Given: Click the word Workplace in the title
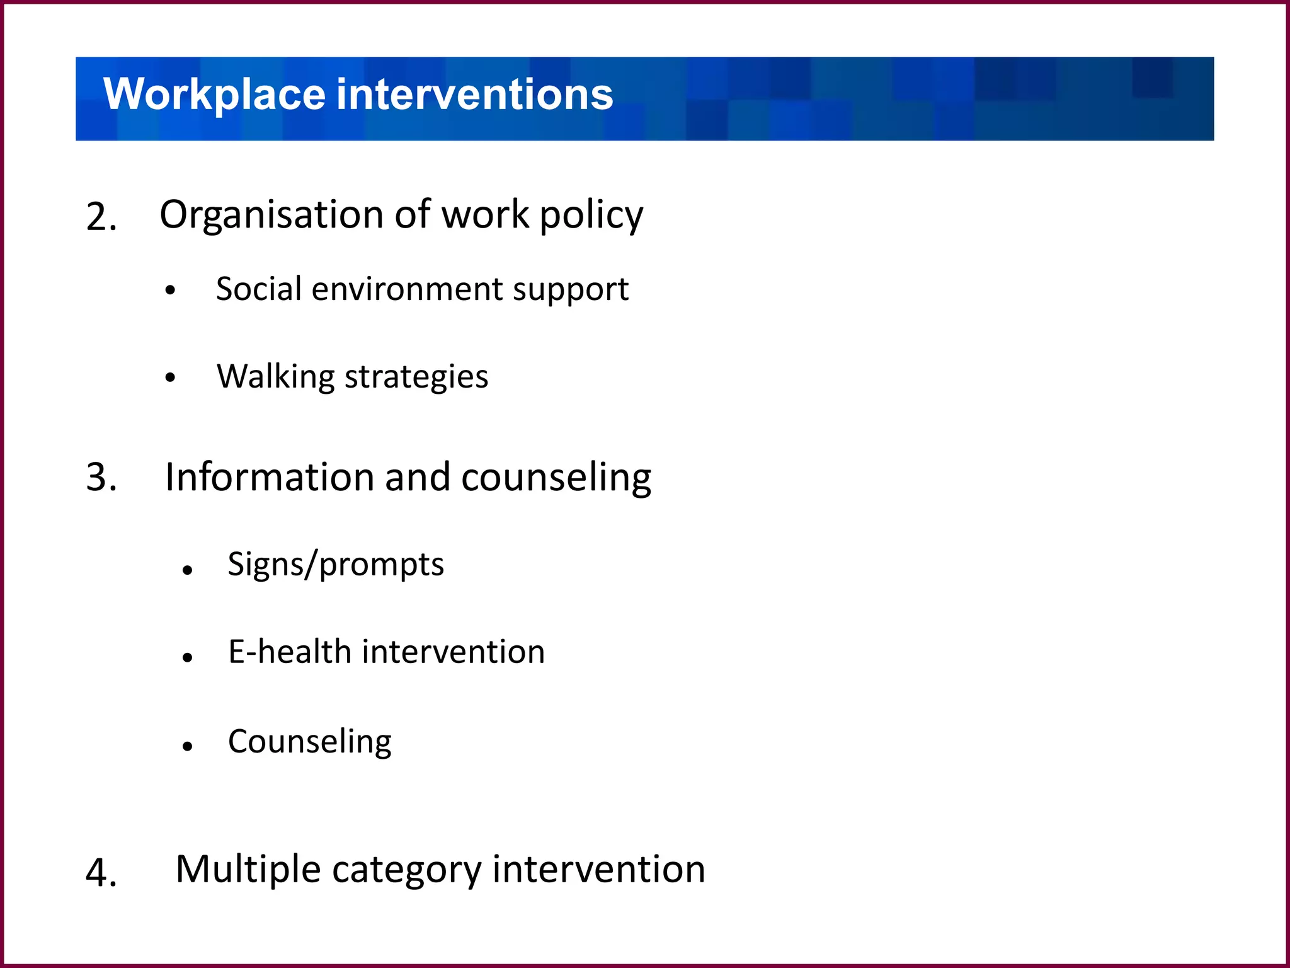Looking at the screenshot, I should pyautogui.click(x=214, y=95).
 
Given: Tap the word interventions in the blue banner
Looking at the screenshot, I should pyautogui.click(x=475, y=95).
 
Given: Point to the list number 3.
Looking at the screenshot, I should pyautogui.click(x=101, y=477).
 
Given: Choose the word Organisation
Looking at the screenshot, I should pyautogui.click(x=271, y=216).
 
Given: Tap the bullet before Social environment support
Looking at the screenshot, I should pyautogui.click(x=170, y=291).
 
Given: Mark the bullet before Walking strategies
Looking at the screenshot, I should pyautogui.click(x=170, y=377).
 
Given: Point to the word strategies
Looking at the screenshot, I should pyautogui.click(x=416, y=377).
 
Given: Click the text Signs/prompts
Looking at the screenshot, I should pyautogui.click(x=336, y=564).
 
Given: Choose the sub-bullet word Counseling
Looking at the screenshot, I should pyautogui.click(x=310, y=742).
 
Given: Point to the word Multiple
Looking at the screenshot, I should pyautogui.click(x=248, y=870).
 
